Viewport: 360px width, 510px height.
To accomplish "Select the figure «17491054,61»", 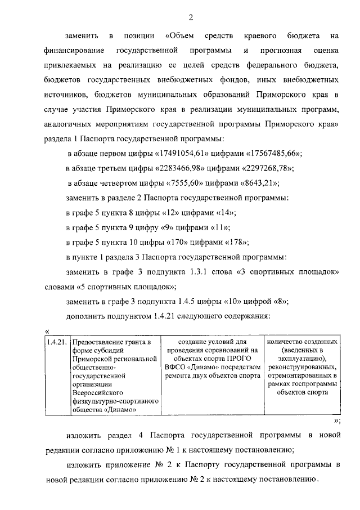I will (x=181, y=154).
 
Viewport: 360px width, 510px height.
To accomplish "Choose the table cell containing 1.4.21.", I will (x=57, y=342).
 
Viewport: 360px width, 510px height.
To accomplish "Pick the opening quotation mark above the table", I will (x=47, y=331).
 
